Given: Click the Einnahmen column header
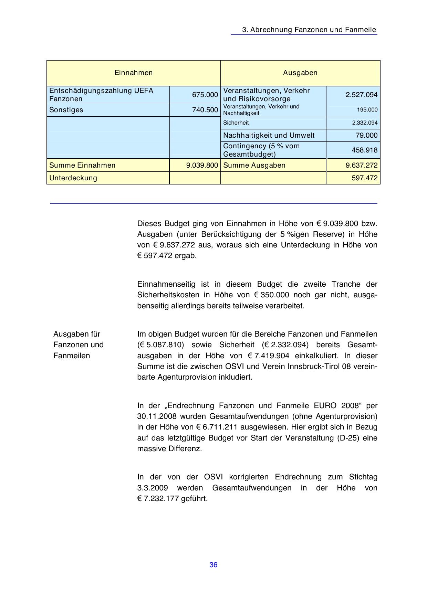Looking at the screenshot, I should point(133,73).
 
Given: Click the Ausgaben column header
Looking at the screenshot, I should point(300,73).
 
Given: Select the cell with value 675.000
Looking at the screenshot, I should point(205,95).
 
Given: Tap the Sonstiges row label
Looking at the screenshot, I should point(66,110).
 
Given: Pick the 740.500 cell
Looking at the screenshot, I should point(205,110).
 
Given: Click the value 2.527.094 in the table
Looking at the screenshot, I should point(362,95).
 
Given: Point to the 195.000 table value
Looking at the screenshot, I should point(367,110).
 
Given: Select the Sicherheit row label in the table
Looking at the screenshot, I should point(236,123).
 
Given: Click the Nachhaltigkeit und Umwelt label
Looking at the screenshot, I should point(269,135).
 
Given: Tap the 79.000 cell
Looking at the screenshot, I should point(366,135).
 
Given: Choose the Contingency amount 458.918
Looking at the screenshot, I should point(364,150).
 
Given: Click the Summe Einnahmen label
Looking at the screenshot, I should point(82,165).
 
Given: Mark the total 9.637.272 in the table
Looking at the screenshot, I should point(362,165).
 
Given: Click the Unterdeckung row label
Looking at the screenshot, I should point(73,178).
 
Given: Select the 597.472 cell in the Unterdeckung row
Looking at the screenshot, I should point(364,178).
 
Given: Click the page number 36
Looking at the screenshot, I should point(213,565).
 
